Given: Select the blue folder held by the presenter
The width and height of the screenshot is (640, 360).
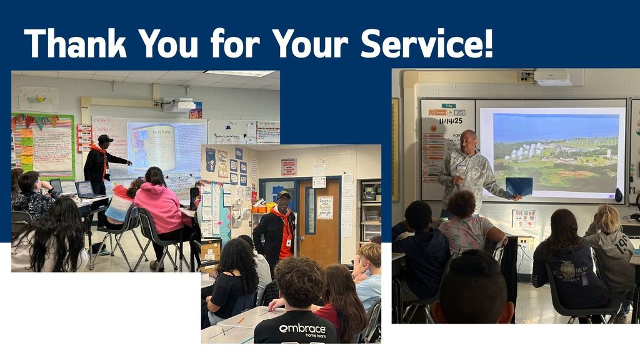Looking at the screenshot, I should pyautogui.click(x=519, y=186).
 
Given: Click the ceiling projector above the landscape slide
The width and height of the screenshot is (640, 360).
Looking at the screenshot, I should pyautogui.click(x=552, y=77).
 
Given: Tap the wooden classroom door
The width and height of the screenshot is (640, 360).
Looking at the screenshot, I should pyautogui.click(x=319, y=219).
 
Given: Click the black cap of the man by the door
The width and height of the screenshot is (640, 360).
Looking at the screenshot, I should pyautogui.click(x=283, y=195).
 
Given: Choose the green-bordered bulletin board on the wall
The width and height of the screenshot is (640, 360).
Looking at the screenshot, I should pyautogui.click(x=42, y=145).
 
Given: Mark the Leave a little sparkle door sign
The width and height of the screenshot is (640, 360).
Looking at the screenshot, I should pyautogui.click(x=325, y=207).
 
